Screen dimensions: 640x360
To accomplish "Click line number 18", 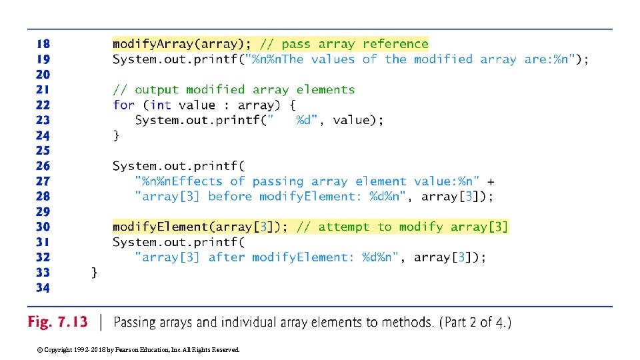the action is click(43, 44).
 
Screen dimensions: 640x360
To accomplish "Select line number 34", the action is click(43, 288).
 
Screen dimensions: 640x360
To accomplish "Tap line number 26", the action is click(43, 166).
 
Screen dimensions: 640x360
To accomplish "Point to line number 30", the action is click(43, 227).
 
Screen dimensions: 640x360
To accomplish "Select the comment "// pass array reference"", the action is click(344, 44).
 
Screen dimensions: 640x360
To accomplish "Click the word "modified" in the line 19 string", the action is click(443, 59).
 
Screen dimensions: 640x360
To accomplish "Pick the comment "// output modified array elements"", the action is click(233, 89).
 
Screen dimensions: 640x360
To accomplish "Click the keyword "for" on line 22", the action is click(123, 105).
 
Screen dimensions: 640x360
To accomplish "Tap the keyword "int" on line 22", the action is click(161, 105).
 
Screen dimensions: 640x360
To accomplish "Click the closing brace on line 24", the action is click(117, 135).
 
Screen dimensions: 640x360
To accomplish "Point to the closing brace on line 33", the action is click(95, 272).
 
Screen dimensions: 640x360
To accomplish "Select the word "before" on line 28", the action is click(230, 197).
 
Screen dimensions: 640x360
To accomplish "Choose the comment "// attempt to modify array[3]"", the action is click(402, 227).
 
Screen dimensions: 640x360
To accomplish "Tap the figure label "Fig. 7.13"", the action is click(57, 322).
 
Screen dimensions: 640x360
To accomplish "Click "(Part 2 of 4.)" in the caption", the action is click(475, 323).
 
